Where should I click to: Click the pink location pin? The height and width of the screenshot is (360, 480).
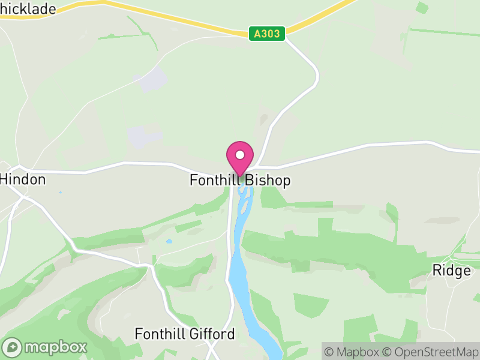(240, 157)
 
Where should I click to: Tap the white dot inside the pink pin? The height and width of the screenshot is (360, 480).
(240, 155)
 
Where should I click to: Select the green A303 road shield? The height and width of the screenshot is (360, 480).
(267, 34)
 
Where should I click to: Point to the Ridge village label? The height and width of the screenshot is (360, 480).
(452, 271)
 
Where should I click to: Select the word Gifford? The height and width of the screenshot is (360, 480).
(211, 334)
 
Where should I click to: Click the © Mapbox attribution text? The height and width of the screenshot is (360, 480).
(353, 352)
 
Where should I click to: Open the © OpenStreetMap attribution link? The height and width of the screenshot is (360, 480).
(429, 352)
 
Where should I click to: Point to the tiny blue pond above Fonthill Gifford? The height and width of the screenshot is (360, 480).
(169, 242)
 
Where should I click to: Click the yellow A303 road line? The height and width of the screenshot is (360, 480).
(180, 18)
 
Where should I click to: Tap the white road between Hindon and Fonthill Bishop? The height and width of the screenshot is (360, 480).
(120, 164)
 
